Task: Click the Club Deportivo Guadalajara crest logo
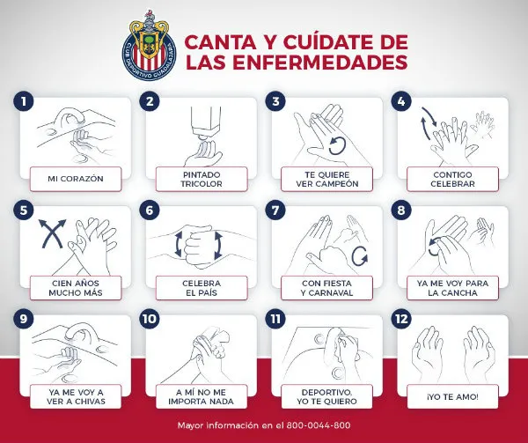click(150, 42)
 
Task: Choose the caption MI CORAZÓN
click(76, 179)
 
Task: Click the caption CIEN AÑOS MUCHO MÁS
click(76, 287)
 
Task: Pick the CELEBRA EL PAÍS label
click(202, 287)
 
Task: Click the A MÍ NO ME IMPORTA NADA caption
click(202, 396)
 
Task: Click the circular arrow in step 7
click(359, 256)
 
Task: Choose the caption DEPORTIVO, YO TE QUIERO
click(326, 396)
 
